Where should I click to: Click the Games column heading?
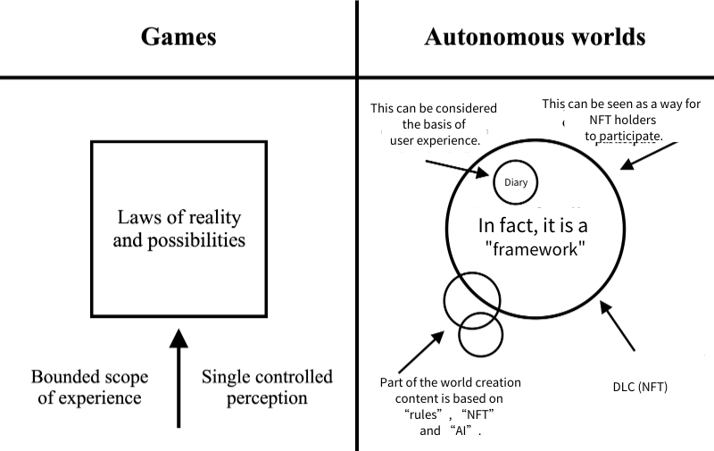pyautogui.click(x=178, y=38)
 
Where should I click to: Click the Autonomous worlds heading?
pyautogui.click(x=535, y=38)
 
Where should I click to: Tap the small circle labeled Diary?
pyautogui.click(x=516, y=183)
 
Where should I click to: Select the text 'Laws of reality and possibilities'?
pyautogui.click(x=178, y=229)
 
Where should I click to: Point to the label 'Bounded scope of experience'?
pyautogui.click(x=89, y=387)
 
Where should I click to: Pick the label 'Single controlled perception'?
pyautogui.click(x=267, y=387)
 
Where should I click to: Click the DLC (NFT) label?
pyautogui.click(x=640, y=387)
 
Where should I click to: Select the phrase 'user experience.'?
pyautogui.click(x=435, y=140)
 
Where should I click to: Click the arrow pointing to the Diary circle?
pyautogui.click(x=455, y=167)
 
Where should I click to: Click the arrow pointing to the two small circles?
pyautogui.click(x=425, y=348)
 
